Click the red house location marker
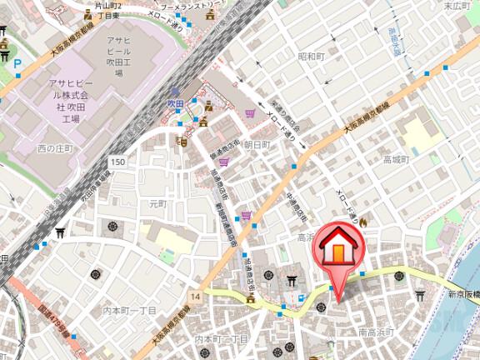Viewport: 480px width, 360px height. click(x=337, y=247)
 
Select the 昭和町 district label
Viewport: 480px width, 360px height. click(x=310, y=56)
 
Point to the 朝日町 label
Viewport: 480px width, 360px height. click(x=257, y=144)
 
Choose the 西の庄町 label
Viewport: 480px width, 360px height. click(x=56, y=147)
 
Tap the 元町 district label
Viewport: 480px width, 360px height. click(x=157, y=203)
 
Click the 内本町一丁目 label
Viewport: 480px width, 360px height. click(x=129, y=310)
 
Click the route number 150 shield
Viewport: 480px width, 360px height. click(x=118, y=162)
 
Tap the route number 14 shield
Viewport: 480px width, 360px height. click(x=196, y=296)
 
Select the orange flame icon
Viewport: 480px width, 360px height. click(x=363, y=222)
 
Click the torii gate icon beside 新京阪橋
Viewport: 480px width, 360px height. click(x=420, y=295)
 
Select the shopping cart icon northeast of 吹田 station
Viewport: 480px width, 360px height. click(x=251, y=113)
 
